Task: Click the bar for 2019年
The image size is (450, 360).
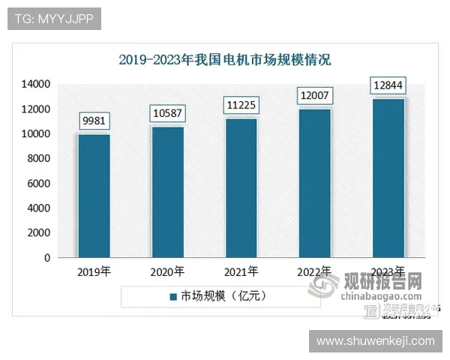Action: coord(94,196)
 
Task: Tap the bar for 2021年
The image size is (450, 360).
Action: coord(241,187)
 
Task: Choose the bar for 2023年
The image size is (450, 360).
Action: coord(388,178)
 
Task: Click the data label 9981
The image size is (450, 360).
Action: coord(94,121)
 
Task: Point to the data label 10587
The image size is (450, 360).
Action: coord(168,113)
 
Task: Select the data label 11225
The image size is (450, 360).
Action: coord(241,106)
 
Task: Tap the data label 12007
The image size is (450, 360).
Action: coord(315,96)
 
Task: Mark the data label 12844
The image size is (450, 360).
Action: coord(388,85)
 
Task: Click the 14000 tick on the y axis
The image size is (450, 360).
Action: coord(35,84)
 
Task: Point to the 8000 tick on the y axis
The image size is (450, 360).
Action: coord(38,158)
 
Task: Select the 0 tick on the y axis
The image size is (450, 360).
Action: coord(46,258)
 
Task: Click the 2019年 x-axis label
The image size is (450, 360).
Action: coord(94,271)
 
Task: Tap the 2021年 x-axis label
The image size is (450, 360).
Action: coord(241,271)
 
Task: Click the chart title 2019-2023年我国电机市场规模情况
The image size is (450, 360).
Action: coord(225,59)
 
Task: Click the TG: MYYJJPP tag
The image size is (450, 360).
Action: coord(53,19)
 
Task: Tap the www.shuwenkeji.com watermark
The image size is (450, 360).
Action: coord(375,341)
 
